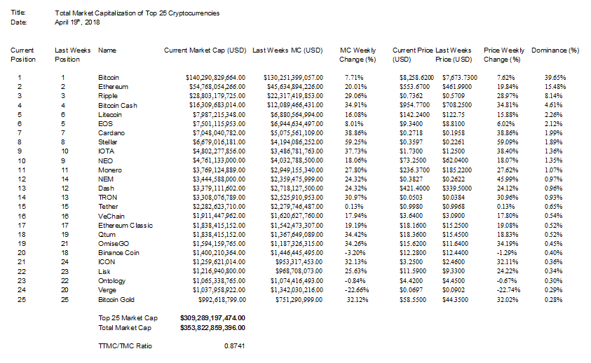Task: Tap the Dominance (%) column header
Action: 555,50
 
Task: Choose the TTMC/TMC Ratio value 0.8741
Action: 234,345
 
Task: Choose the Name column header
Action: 107,50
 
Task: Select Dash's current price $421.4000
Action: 412,188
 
